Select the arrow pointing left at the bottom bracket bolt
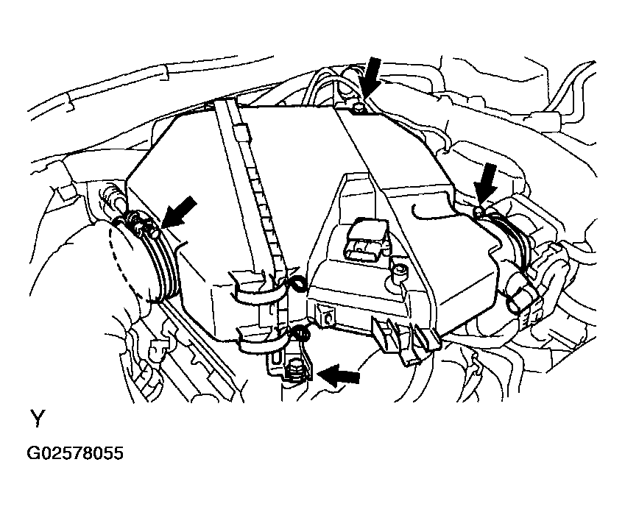tap(339, 374)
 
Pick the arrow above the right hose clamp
tap(485, 184)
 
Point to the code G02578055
tap(75, 453)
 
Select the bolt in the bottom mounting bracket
tap(296, 369)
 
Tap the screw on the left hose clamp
tap(151, 232)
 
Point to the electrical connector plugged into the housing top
tap(366, 239)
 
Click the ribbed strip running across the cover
tap(250, 187)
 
